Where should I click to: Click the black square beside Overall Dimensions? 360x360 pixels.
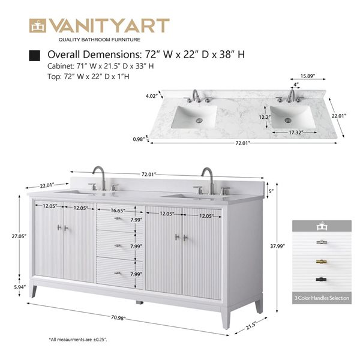point(34,55)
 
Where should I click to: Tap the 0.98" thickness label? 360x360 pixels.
point(139,139)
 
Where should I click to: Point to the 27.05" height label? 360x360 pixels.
point(19,236)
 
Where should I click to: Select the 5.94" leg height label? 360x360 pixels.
point(19,287)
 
